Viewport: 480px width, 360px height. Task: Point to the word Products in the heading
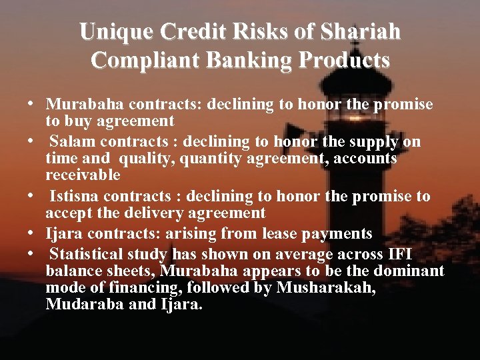345,60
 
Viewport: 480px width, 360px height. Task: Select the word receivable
83,175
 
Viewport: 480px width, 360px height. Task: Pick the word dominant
407,271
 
